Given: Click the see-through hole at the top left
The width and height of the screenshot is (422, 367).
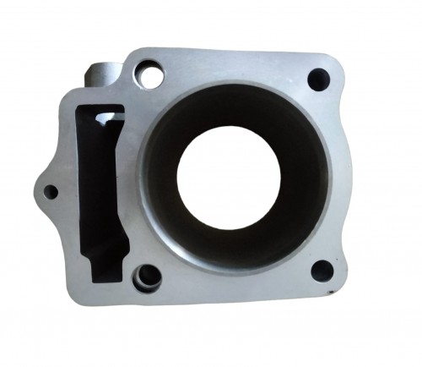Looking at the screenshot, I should [x=153, y=74].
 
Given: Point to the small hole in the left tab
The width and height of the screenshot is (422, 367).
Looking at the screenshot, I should [x=51, y=192].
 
